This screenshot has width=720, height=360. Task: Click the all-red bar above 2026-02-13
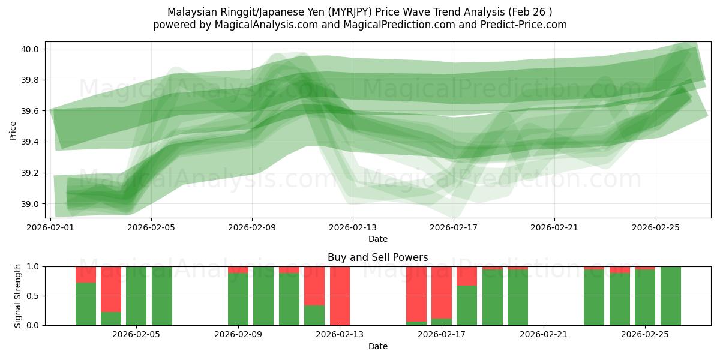(x=340, y=296)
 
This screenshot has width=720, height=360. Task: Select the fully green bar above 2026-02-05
(x=136, y=296)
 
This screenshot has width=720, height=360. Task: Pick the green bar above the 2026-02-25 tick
(x=645, y=298)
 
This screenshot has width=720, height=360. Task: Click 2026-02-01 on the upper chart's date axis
(x=50, y=227)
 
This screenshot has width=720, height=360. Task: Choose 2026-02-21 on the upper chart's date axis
(x=554, y=227)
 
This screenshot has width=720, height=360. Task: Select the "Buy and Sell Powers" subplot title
(x=378, y=257)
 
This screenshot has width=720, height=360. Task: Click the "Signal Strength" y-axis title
(x=18, y=296)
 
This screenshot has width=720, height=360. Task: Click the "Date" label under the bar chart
(x=378, y=346)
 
